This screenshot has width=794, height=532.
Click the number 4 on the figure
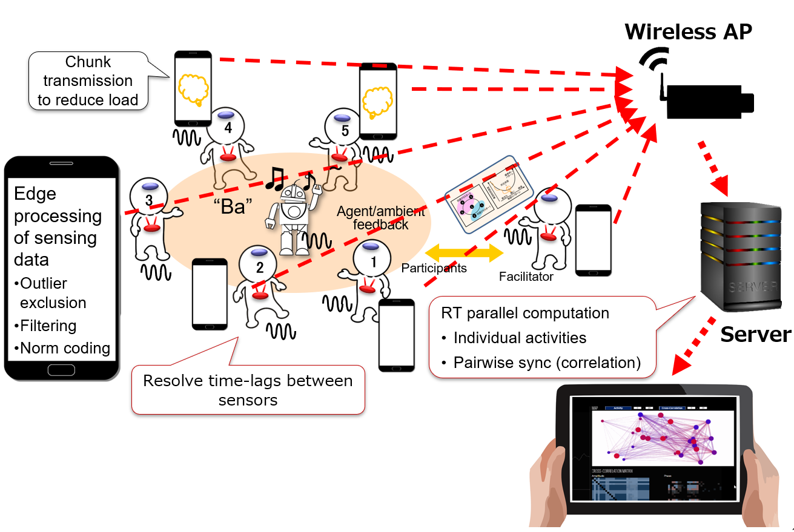228,128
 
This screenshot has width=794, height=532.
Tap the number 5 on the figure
345,130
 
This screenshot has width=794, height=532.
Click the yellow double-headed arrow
465,253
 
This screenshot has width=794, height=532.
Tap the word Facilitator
526,277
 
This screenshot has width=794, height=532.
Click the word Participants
434,268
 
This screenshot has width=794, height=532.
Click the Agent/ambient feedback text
381,218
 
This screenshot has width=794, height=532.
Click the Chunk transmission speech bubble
88,81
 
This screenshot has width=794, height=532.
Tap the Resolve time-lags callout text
248,390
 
